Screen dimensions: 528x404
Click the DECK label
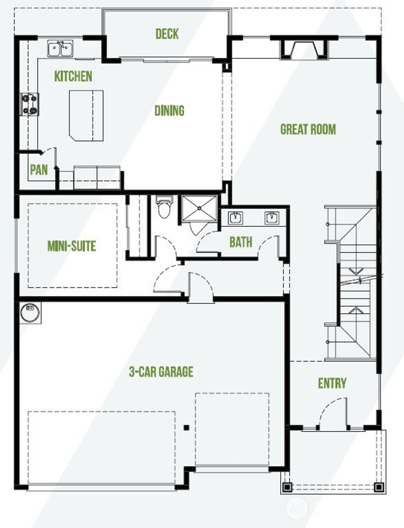pyautogui.click(x=167, y=34)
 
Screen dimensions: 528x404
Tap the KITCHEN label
pyautogui.click(x=73, y=76)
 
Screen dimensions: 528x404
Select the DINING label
pyautogui.click(x=169, y=110)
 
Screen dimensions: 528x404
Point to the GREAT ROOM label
pyautogui.click(x=308, y=129)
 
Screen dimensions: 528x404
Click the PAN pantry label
pyautogui.click(x=39, y=170)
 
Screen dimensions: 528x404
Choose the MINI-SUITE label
pyautogui.click(x=71, y=246)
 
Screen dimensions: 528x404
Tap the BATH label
pyautogui.click(x=241, y=242)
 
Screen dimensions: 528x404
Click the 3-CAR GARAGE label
pyautogui.click(x=161, y=372)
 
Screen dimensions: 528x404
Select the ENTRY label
pyautogui.click(x=332, y=383)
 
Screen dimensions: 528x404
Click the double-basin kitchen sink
pyautogui.click(x=61, y=49)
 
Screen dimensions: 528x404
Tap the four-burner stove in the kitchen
pyautogui.click(x=30, y=104)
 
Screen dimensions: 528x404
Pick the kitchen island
pyautogui.click(x=86, y=115)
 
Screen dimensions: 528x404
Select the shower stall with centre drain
pyautogui.click(x=199, y=208)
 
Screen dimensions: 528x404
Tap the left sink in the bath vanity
pyautogui.click(x=236, y=217)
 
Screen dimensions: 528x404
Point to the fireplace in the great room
pyautogui.click(x=304, y=49)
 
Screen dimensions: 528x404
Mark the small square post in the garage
pyautogui.click(x=187, y=427)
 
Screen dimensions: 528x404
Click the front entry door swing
pyautogui.click(x=332, y=414)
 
